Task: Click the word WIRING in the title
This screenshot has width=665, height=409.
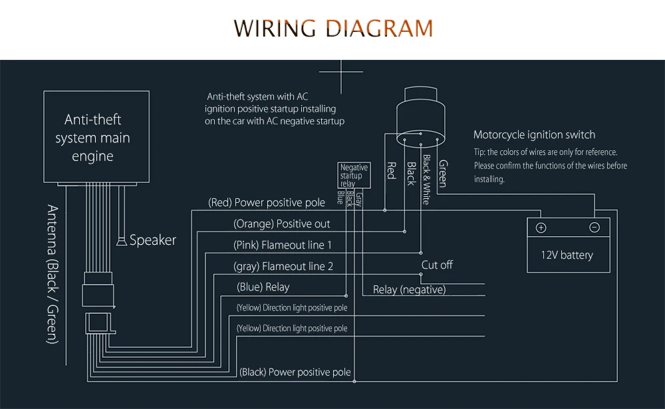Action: [275, 29]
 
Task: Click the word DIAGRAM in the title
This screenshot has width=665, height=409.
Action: [380, 29]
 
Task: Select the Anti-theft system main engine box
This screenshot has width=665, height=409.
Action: [96, 136]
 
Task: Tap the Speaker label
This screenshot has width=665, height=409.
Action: [153, 240]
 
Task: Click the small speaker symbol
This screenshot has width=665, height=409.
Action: [122, 241]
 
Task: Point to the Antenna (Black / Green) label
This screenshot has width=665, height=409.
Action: [53, 274]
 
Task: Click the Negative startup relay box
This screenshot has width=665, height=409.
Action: [354, 175]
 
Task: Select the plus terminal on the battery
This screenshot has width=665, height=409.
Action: [541, 228]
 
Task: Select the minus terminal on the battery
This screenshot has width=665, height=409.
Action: [595, 227]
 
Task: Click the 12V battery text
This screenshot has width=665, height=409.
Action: [567, 255]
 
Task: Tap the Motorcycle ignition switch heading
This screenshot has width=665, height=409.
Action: [535, 135]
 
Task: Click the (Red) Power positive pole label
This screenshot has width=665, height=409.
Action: [267, 203]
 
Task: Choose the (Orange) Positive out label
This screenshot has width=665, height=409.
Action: [281, 224]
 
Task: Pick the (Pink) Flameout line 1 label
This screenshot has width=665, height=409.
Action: [283, 245]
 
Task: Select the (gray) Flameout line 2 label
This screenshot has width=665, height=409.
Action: [283, 267]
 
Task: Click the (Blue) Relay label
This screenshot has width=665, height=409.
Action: [263, 287]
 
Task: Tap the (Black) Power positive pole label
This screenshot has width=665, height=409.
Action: [295, 372]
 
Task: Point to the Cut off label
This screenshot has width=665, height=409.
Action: [437, 265]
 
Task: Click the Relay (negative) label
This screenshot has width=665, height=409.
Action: [409, 290]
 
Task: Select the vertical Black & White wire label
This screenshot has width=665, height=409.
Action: [427, 180]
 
